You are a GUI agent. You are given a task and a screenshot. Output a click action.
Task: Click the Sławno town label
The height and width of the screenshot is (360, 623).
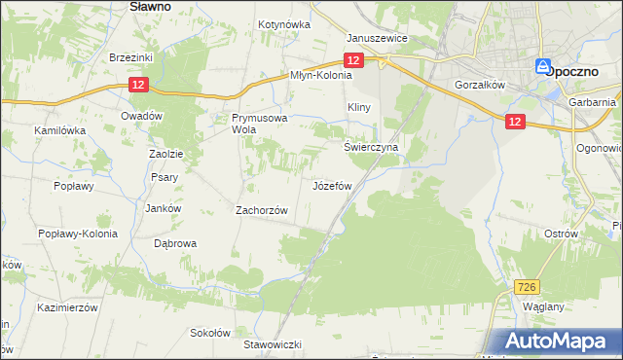tap(152, 6)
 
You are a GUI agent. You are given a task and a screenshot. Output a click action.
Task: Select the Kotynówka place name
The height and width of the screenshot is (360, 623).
tap(283, 24)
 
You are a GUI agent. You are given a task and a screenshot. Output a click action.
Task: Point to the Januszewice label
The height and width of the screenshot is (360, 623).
tap(377, 39)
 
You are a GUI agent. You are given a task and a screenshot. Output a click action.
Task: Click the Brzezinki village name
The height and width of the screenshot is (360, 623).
tap(131, 57)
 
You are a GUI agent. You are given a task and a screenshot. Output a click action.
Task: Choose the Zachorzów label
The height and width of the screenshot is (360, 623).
tap(263, 209)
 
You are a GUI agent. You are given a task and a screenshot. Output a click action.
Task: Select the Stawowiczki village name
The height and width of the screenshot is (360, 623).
tap(274, 344)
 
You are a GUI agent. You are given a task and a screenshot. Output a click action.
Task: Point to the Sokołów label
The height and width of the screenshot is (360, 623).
tap(209, 332)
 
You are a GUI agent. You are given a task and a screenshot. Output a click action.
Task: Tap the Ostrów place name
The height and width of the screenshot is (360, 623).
tap(562, 234)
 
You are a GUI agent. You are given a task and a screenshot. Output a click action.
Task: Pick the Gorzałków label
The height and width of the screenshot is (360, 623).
tap(478, 85)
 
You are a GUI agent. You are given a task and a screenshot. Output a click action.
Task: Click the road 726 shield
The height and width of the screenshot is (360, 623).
tap(527, 286)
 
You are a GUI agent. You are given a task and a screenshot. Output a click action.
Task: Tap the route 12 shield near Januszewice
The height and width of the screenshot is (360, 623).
tap(353, 60)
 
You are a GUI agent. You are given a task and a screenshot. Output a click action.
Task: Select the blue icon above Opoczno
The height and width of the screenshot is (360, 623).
tap(543, 66)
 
